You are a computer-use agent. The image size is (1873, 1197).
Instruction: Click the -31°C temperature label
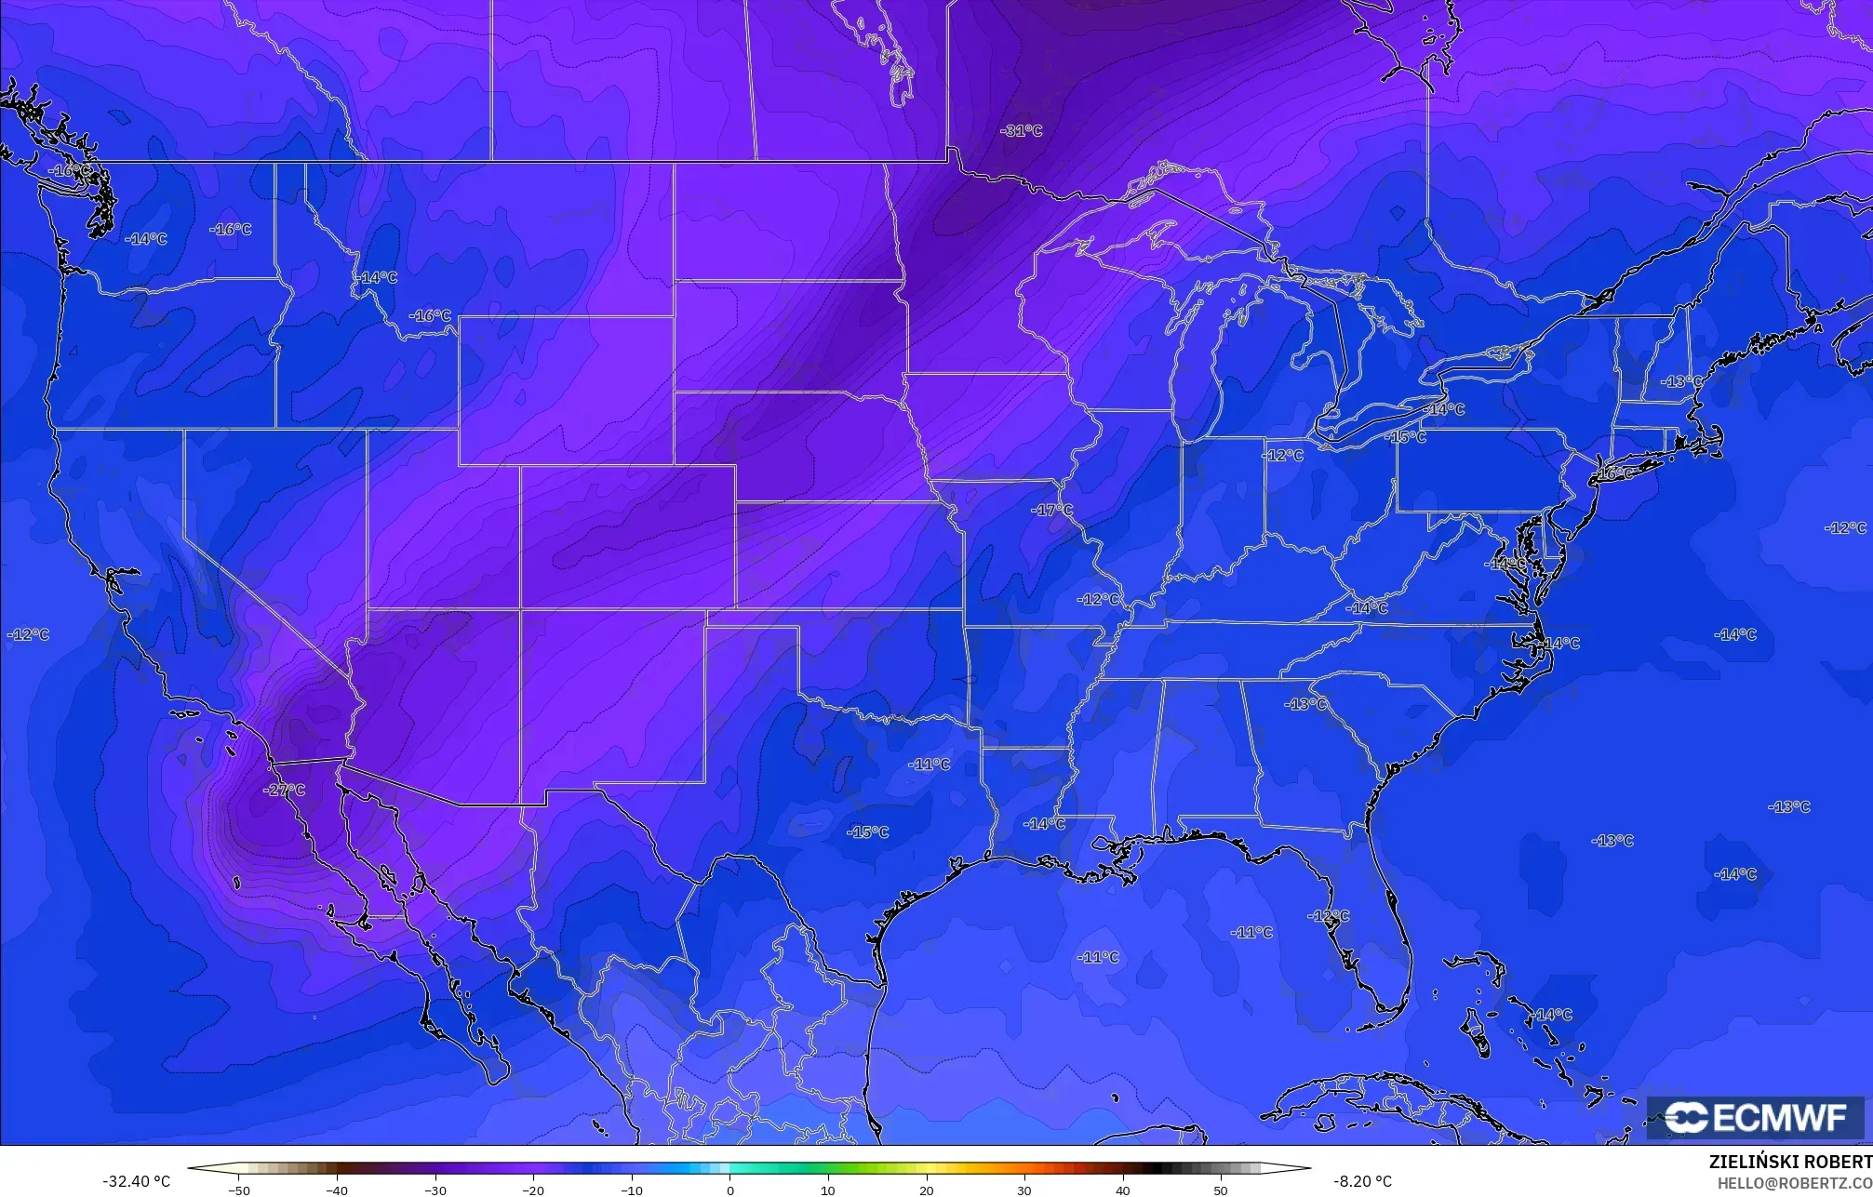point(1021,131)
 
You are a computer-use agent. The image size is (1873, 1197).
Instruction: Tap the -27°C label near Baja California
point(284,790)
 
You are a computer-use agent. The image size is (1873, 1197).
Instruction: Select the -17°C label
point(1051,511)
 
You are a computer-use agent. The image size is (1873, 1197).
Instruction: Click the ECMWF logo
point(1755,1117)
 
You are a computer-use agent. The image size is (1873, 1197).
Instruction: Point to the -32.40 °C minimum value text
point(136,1181)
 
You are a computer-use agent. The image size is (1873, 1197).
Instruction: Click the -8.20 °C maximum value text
point(1362,1181)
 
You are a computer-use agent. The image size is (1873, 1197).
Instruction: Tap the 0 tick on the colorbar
point(729,1190)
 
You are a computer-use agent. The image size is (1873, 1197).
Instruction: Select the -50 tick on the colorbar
point(239,1190)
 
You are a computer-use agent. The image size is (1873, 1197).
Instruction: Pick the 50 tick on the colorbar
point(1220,1190)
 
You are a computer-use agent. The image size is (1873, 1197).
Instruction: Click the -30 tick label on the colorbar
point(435,1190)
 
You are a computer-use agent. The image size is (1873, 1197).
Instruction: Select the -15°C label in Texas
point(867,831)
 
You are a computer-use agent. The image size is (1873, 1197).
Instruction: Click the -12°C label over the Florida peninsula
point(1328,916)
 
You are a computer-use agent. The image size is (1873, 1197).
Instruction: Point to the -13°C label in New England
point(1681,381)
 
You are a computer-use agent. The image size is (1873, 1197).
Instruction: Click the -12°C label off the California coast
point(28,634)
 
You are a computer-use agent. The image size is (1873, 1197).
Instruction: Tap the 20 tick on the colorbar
point(926,1190)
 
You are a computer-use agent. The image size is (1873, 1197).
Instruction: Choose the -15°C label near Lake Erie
point(1405,436)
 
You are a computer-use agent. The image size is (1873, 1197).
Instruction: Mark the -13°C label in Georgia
point(1305,704)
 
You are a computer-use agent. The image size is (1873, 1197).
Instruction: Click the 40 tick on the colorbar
point(1122,1190)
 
